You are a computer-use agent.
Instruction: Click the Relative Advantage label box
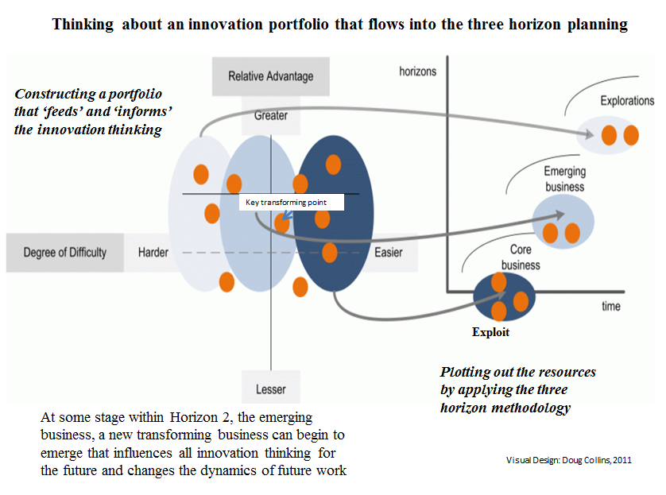click(x=270, y=76)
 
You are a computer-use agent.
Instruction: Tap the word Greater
click(x=270, y=116)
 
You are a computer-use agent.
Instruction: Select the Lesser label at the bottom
click(x=270, y=390)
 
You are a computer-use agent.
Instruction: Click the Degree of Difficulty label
click(x=64, y=253)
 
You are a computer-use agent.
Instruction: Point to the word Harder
click(x=153, y=253)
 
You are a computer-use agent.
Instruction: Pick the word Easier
click(x=389, y=253)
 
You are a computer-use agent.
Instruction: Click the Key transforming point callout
click(x=292, y=203)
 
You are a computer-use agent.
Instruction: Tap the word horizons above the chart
click(x=417, y=72)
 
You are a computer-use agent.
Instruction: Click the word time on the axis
click(x=611, y=306)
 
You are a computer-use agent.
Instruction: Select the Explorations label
click(x=627, y=101)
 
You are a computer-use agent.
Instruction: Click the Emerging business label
click(x=564, y=179)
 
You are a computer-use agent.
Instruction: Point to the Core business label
click(x=521, y=257)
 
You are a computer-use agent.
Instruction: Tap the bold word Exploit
click(x=490, y=332)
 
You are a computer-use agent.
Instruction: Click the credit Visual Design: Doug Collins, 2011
click(x=568, y=460)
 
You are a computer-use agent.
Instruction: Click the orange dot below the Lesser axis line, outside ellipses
click(x=300, y=286)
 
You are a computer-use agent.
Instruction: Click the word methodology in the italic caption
click(x=534, y=407)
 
